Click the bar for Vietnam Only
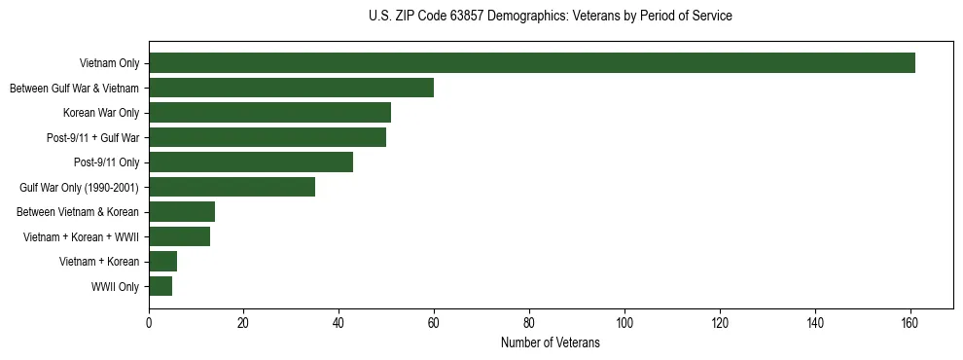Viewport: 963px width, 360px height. pos(532,63)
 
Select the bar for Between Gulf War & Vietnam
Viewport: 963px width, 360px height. pos(291,88)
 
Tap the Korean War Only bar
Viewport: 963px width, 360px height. pos(269,113)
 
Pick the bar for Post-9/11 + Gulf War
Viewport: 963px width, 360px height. pos(267,137)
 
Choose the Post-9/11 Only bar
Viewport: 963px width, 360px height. pos(251,162)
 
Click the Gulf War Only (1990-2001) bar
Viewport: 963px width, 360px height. pos(232,187)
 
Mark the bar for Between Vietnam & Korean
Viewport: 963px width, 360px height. pos(182,212)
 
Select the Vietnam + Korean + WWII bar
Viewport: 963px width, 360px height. pos(179,236)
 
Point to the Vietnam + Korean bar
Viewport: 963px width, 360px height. pos(162,262)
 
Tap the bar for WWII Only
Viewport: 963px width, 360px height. pos(160,286)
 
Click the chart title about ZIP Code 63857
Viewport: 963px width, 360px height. pos(551,17)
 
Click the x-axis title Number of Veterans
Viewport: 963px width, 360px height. pos(551,343)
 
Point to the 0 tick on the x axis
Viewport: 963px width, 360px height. pos(149,323)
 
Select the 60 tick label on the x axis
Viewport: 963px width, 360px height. pos(434,323)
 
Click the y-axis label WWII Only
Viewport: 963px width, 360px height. pos(115,287)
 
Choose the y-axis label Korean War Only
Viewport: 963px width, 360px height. pos(101,113)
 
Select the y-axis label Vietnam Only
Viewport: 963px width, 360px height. pos(109,63)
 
